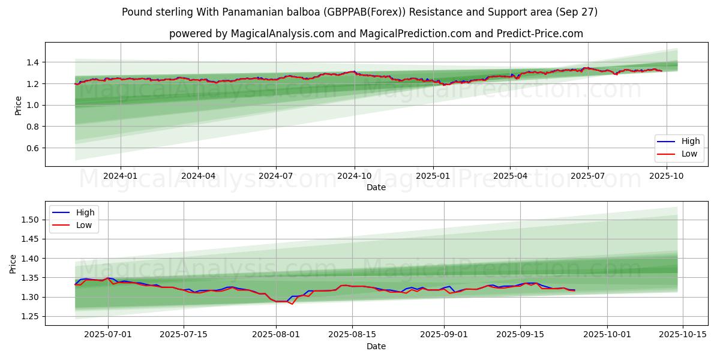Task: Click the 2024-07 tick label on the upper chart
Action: (276, 176)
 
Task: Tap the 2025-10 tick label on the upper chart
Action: (666, 176)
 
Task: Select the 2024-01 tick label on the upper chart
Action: (121, 176)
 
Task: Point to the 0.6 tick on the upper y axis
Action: (32, 148)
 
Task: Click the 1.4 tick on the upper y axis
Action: (32, 62)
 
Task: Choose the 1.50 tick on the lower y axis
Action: (29, 220)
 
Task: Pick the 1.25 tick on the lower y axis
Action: (29, 317)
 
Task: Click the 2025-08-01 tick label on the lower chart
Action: (276, 335)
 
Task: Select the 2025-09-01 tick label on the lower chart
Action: (445, 335)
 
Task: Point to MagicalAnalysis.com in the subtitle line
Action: (282, 34)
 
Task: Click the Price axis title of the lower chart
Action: (13, 263)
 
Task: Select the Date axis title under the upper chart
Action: (376, 187)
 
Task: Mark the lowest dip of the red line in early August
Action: (292, 304)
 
